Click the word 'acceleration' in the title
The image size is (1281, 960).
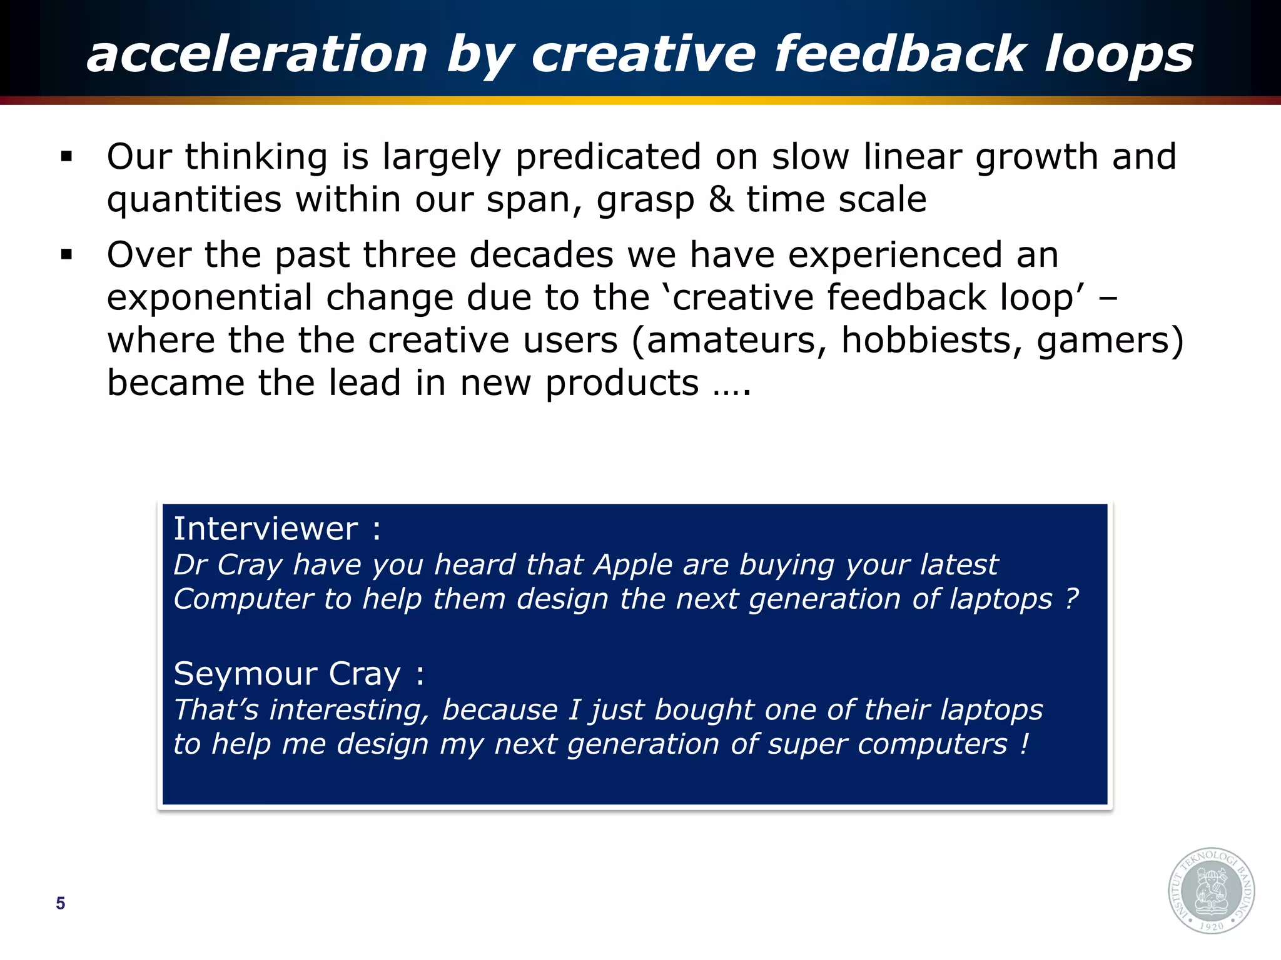point(257,54)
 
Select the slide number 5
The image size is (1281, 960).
point(60,903)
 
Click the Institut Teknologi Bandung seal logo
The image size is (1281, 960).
point(1211,890)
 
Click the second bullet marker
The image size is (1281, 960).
point(67,254)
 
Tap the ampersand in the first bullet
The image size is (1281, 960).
point(721,199)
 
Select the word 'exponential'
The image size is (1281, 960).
point(210,297)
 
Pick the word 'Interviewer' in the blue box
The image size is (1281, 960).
point(266,529)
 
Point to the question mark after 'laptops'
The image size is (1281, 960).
point(1072,599)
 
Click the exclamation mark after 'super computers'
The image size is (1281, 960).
point(1024,744)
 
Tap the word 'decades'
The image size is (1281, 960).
point(542,255)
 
